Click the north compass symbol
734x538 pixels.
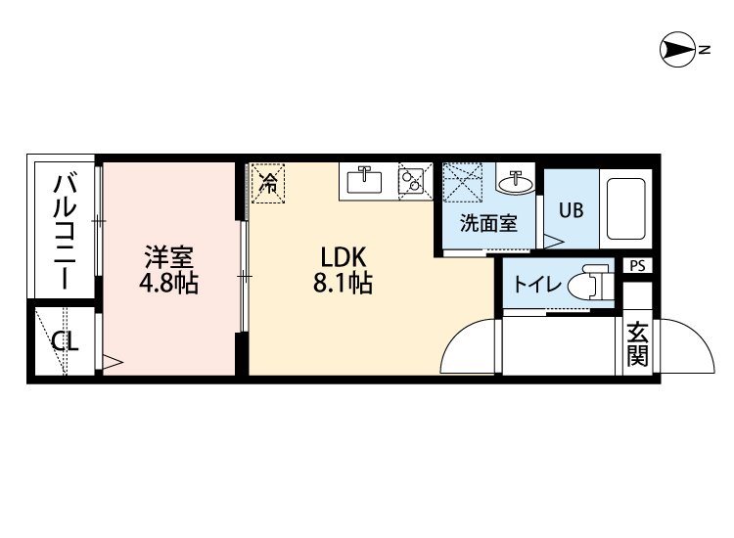[x=678, y=50]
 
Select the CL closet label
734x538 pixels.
[x=65, y=342]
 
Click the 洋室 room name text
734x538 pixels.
[x=169, y=257]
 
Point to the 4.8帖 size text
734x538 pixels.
[x=168, y=283]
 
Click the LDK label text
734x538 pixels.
[x=343, y=257]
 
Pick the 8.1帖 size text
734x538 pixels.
[x=343, y=283]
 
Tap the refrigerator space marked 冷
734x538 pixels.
[x=268, y=183]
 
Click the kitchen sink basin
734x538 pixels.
[x=364, y=181]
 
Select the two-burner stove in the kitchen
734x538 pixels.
[x=411, y=181]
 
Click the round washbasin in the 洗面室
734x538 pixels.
[x=516, y=183]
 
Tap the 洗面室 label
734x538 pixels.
[x=488, y=223]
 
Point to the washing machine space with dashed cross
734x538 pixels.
[x=463, y=182]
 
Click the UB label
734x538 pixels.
[x=572, y=210]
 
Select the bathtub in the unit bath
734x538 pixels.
[x=626, y=208]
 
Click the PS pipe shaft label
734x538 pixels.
[x=637, y=266]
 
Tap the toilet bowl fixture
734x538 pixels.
[x=589, y=283]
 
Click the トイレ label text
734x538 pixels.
[x=537, y=284]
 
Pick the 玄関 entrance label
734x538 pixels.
[x=637, y=344]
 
